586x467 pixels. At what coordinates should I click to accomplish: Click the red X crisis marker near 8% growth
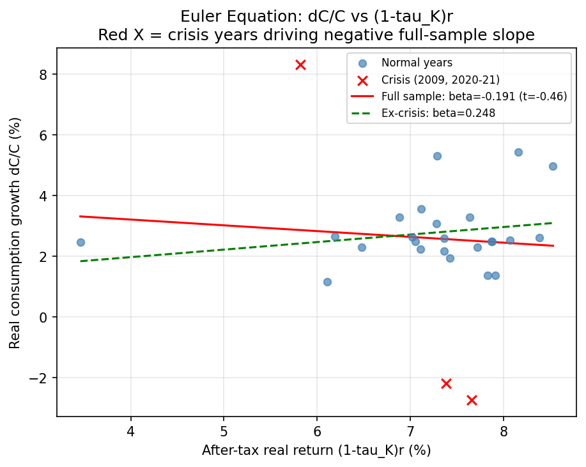pyautogui.click(x=300, y=65)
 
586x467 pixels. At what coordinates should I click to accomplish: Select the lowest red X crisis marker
pyautogui.click(x=472, y=400)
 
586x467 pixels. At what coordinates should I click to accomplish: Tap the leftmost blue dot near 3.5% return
pyautogui.click(x=81, y=242)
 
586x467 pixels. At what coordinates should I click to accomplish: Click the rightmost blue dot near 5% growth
pyautogui.click(x=553, y=166)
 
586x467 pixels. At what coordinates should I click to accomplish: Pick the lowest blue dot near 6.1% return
pyautogui.click(x=327, y=282)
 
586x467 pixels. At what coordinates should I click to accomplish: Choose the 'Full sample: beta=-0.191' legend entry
pyautogui.click(x=474, y=96)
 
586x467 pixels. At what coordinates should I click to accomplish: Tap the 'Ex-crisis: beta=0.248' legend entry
pyautogui.click(x=438, y=113)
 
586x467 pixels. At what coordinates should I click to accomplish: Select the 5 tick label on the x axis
pyautogui.click(x=224, y=430)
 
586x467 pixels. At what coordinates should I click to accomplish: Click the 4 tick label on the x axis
pyautogui.click(x=131, y=430)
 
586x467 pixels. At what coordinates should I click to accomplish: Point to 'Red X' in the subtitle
pyautogui.click(x=121, y=34)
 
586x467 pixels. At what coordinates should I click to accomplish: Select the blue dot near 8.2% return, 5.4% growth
pyautogui.click(x=518, y=152)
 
